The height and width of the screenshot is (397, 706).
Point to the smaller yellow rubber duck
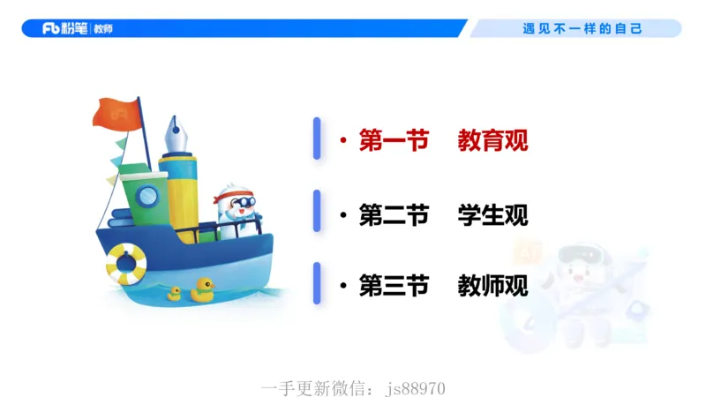[175, 294]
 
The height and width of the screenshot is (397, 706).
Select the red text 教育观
[492, 140]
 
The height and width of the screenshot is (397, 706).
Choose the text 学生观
[492, 214]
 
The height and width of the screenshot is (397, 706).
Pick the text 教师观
[492, 286]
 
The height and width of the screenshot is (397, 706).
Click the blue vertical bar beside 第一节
[317, 139]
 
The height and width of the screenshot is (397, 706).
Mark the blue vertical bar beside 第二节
[317, 212]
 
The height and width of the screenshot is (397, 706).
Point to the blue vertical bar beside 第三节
[317, 284]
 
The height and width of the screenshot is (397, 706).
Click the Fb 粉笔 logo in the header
[66, 28]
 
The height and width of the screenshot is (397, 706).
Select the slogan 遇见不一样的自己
[582, 28]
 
